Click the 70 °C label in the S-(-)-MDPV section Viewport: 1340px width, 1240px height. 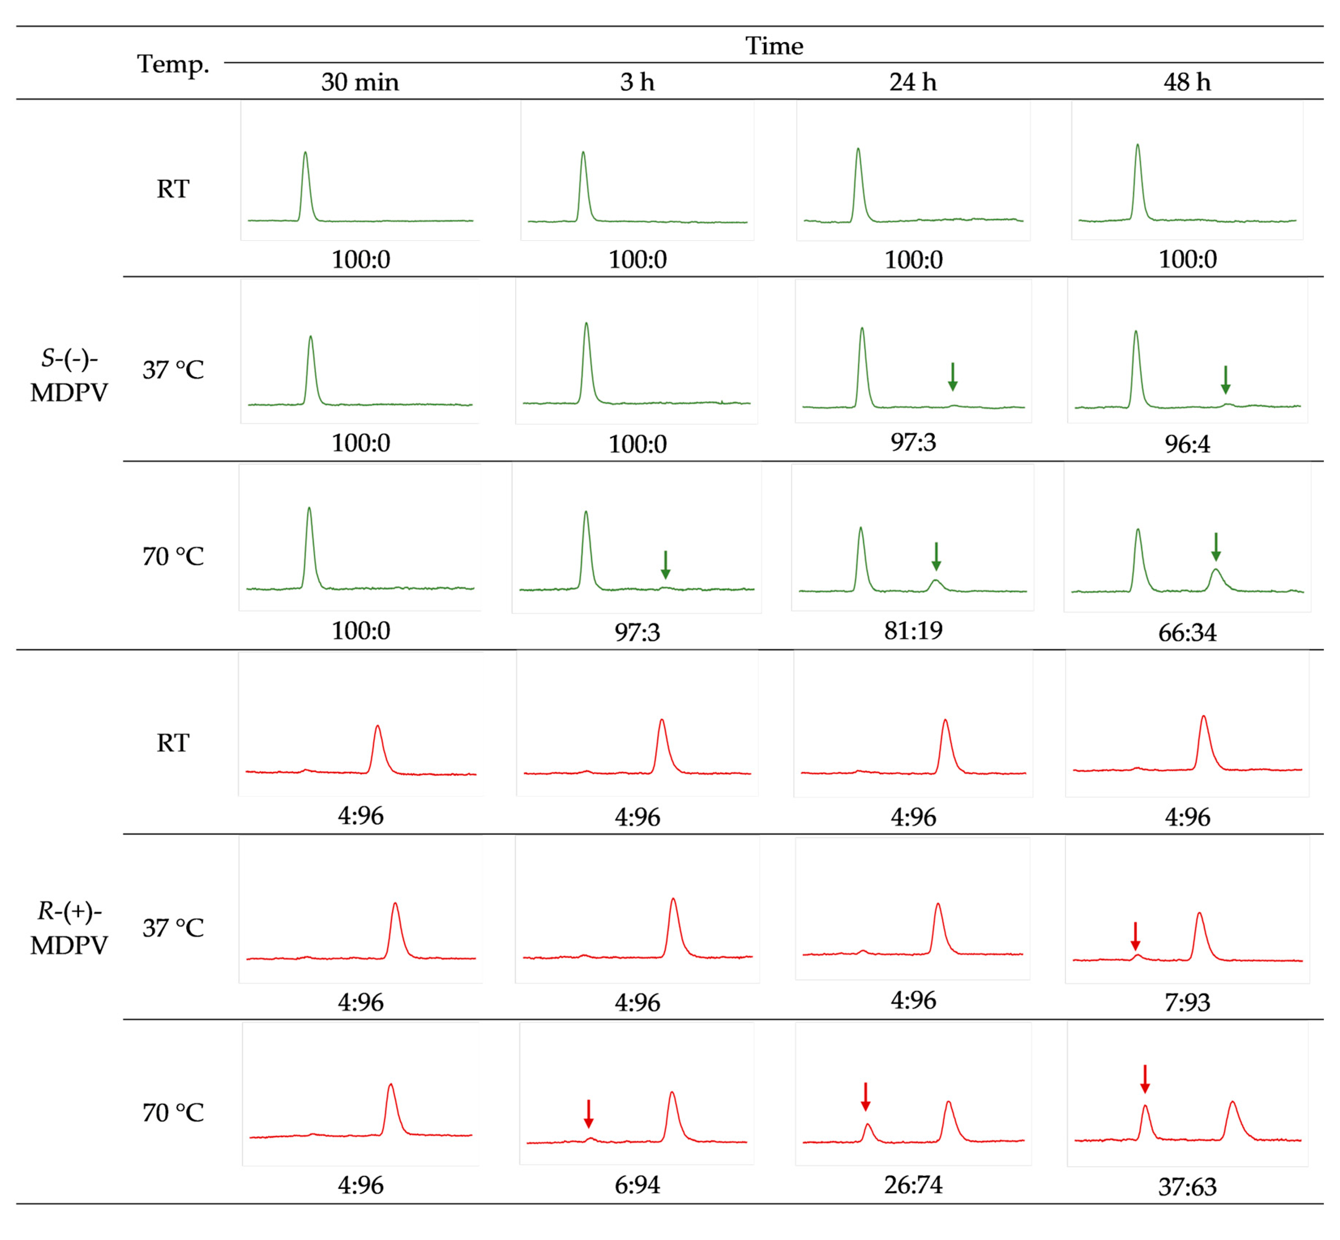click(173, 556)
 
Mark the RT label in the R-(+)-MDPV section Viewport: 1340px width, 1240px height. click(173, 743)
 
